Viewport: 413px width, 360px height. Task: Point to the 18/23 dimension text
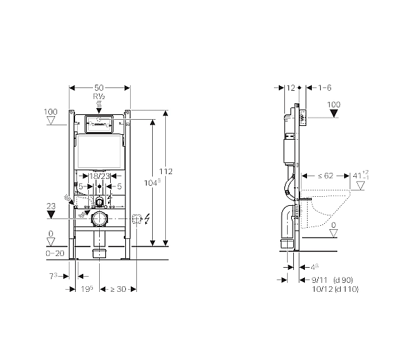pyautogui.click(x=100, y=176)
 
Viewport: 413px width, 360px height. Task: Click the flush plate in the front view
pyautogui.click(x=100, y=126)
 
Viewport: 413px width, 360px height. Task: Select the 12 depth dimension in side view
pyautogui.click(x=290, y=87)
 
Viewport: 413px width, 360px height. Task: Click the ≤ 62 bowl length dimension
pyautogui.click(x=323, y=176)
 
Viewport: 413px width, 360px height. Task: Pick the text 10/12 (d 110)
pyautogui.click(x=335, y=289)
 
